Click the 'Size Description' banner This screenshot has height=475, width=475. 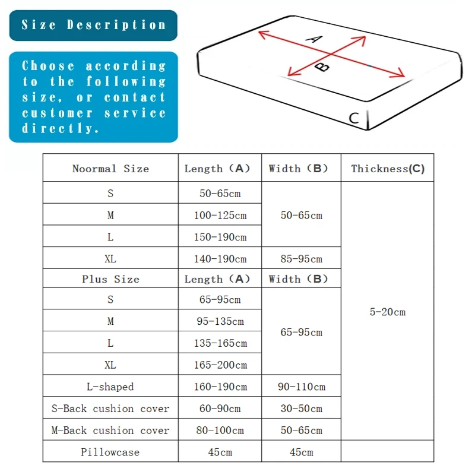(x=93, y=25)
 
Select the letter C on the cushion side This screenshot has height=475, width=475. (x=354, y=118)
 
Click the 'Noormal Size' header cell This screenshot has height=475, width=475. (x=110, y=169)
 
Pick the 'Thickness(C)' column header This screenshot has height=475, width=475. (x=388, y=169)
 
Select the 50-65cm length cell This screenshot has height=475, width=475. (x=220, y=194)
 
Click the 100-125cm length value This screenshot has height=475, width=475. (x=220, y=215)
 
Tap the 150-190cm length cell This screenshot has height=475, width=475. (x=220, y=237)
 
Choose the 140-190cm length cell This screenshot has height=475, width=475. (x=220, y=259)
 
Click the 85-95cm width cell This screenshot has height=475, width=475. (x=301, y=259)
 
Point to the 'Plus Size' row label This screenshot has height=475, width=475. (x=110, y=279)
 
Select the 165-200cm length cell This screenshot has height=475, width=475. (x=220, y=365)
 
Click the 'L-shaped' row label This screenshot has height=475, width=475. (x=110, y=387)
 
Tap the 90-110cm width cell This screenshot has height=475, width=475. (x=301, y=387)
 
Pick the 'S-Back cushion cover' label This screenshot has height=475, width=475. (x=110, y=408)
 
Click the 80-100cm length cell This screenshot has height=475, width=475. (x=220, y=430)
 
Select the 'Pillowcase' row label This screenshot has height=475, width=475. (x=110, y=452)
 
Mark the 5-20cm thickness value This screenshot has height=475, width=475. (x=388, y=312)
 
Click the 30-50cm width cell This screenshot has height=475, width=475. (x=301, y=408)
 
